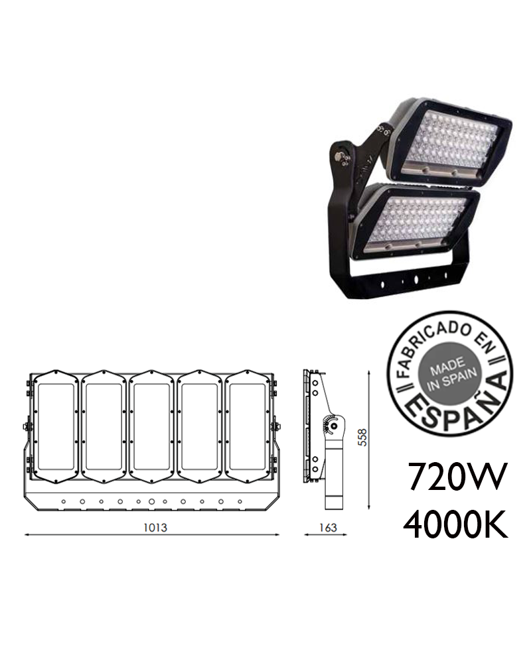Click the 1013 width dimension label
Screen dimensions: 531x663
point(155,528)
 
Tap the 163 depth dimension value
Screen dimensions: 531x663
point(328,528)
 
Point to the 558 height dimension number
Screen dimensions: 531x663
point(362,437)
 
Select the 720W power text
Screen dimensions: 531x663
point(457,476)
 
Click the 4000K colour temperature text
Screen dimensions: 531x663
point(455,524)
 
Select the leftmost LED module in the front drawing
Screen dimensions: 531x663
point(56,426)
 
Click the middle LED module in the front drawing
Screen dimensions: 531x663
point(151,426)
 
